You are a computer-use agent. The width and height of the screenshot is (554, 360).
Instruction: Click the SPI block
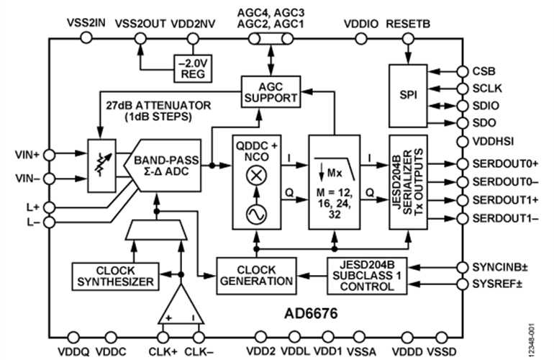pos(408,96)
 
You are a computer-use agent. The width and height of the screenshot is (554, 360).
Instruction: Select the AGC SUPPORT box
pos(271,91)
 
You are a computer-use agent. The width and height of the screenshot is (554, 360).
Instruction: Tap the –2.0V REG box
pos(193,68)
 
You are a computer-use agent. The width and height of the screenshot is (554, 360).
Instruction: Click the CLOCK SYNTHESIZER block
pos(116,276)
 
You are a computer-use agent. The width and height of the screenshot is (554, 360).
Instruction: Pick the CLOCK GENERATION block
pos(256,276)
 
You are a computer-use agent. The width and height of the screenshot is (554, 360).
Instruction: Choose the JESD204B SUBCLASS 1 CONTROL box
pos(367,276)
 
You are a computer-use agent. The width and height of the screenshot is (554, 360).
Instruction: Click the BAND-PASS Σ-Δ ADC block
pos(163,166)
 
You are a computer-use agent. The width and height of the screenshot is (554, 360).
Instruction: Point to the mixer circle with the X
pos(256,176)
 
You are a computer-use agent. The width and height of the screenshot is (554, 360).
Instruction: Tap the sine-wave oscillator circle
pos(256,215)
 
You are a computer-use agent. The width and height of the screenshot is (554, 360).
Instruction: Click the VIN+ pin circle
pos(49,155)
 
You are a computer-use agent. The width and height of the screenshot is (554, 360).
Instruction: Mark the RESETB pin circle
pos(408,38)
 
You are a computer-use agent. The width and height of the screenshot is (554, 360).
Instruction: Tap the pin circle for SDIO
pos(463,106)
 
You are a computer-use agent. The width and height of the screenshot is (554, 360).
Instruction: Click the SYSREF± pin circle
pos(463,284)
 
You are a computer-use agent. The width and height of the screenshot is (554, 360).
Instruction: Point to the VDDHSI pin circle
pos(463,141)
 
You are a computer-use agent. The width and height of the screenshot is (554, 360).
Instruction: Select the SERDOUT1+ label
pos(506,200)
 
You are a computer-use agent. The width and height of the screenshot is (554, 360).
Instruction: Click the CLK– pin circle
pos(199,337)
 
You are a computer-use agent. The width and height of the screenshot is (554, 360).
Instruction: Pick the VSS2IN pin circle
pos(86,37)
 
